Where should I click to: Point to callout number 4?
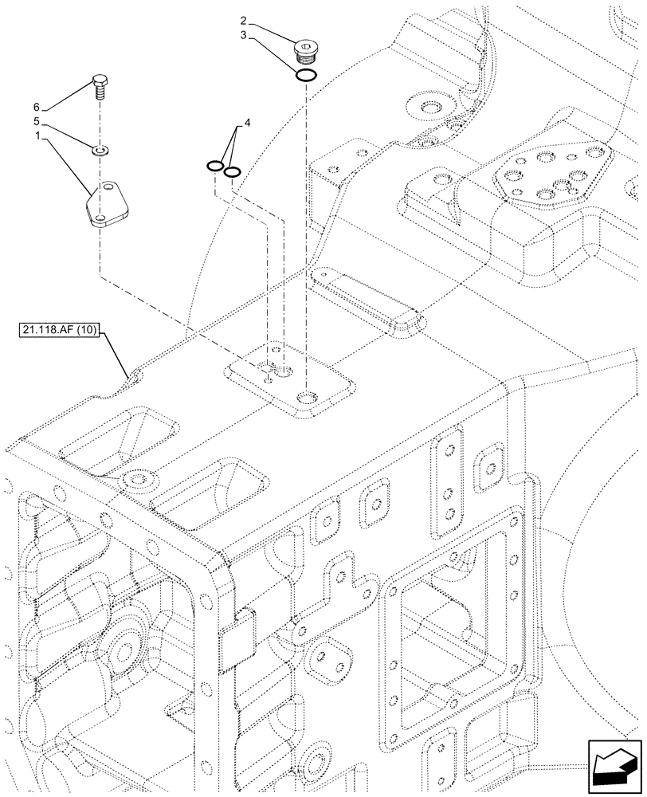(x=247, y=123)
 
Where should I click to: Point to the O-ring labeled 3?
(x=306, y=76)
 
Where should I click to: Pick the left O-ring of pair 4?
(x=214, y=166)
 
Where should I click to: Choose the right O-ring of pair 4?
(x=232, y=171)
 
